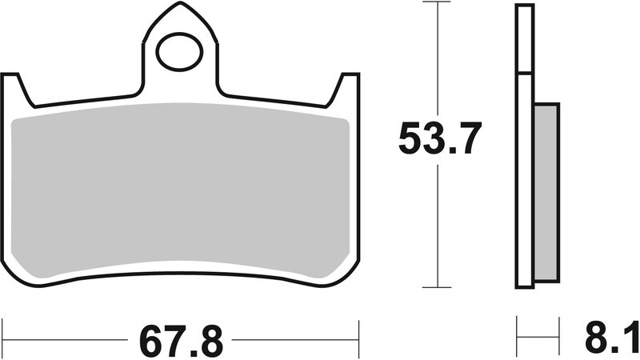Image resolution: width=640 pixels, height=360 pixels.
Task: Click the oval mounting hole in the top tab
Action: click(179, 53)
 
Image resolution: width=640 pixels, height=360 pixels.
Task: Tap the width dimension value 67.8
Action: click(180, 342)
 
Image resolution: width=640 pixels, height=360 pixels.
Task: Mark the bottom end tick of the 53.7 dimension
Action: click(438, 286)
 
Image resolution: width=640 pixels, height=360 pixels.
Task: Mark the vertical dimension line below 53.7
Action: click(438, 224)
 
